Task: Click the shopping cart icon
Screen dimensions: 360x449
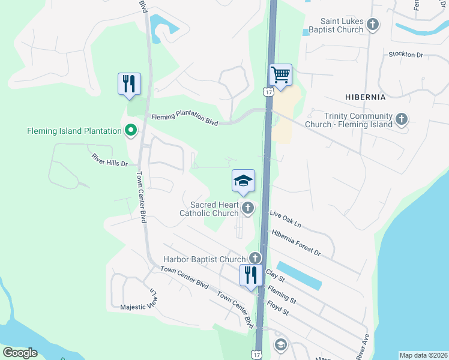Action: pos(280,75)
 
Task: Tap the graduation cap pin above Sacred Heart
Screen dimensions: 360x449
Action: pos(243,181)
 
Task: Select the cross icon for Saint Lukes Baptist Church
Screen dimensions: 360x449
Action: pos(373,25)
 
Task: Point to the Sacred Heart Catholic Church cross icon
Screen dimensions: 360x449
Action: pos(248,209)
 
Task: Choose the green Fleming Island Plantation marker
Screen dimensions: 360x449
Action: pos(130,130)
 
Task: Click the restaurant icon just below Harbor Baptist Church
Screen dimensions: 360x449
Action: pos(251,275)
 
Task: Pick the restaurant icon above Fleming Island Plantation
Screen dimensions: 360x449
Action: pos(129,84)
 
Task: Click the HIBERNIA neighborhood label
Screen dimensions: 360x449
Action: pos(365,96)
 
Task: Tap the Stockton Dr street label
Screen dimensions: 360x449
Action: pos(406,55)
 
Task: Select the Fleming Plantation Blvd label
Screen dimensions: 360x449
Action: pos(184,120)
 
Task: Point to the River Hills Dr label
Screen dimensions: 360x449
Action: pos(110,159)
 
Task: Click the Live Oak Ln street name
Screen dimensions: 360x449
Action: pos(285,218)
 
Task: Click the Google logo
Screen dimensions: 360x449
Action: pos(20,353)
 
